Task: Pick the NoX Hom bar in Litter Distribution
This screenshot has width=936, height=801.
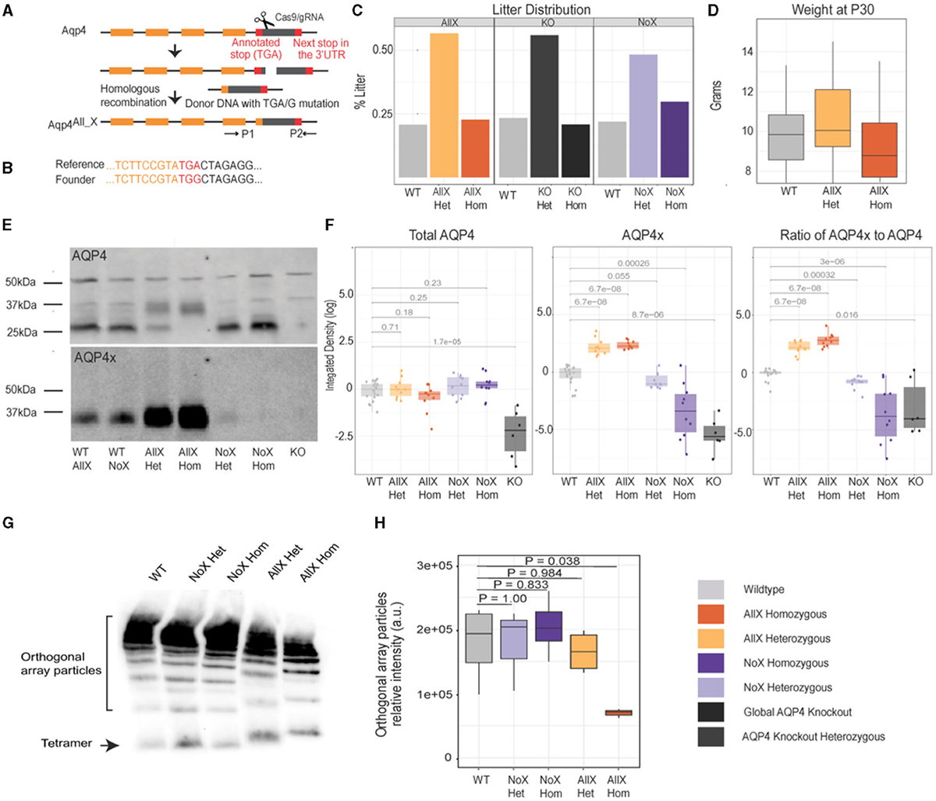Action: (x=675, y=140)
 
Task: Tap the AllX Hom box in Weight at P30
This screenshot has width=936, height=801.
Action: (x=880, y=150)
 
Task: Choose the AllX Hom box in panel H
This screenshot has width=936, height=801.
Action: (x=618, y=713)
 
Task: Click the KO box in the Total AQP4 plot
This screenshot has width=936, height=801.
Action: (x=516, y=433)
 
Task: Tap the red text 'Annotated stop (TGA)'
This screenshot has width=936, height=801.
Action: (x=256, y=48)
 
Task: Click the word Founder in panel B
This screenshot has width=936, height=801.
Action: (x=75, y=179)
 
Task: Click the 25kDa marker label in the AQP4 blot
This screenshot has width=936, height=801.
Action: (x=21, y=332)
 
